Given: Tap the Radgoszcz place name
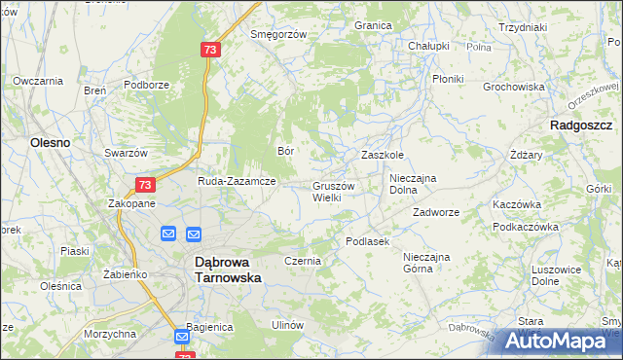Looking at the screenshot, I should [x=580, y=126].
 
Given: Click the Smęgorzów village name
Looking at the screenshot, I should [x=278, y=34].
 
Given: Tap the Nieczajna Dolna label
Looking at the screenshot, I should [x=417, y=184].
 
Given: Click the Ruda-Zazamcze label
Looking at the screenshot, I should [x=238, y=181].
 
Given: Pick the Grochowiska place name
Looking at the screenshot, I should [x=513, y=87].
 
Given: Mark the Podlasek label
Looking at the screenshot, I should [x=367, y=241].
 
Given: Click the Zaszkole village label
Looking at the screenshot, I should [x=383, y=155].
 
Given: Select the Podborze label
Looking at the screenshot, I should [x=146, y=85].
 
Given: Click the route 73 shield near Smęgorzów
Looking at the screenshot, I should [x=210, y=49].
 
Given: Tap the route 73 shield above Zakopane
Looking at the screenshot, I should [x=144, y=185].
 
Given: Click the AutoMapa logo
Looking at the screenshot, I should [x=557, y=340].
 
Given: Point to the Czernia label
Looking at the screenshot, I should [x=303, y=262].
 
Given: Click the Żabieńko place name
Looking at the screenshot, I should [x=125, y=274].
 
